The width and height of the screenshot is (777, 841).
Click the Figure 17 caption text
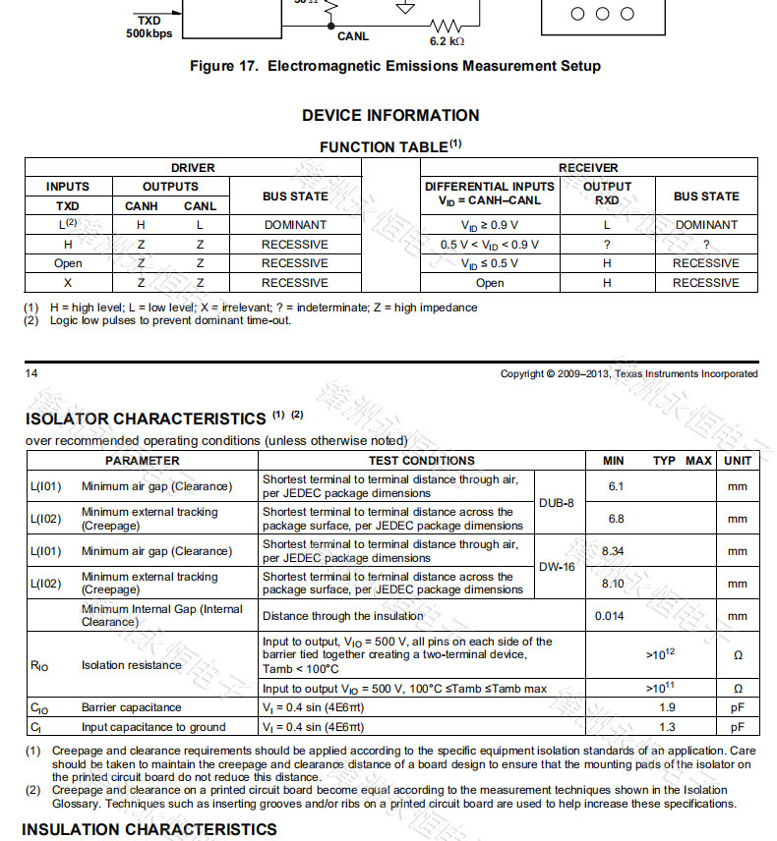[394, 67]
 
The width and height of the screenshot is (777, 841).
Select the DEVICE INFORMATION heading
[390, 115]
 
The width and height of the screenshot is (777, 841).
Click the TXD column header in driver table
[68, 206]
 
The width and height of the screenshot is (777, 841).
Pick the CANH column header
[142, 206]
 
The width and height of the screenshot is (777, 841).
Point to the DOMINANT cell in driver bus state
[295, 225]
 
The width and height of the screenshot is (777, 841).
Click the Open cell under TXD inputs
[68, 263]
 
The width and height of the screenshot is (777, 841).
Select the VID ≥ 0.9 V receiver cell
[489, 225]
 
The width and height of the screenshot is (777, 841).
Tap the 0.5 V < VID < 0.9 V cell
[489, 245]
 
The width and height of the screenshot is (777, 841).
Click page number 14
[31, 373]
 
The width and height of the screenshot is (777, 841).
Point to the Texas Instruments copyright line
[628, 373]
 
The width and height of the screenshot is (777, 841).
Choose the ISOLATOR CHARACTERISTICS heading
[146, 420]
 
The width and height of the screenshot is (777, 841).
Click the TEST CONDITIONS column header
[421, 461]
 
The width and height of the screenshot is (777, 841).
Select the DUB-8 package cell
[557, 503]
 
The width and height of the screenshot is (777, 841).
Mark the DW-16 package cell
[557, 567]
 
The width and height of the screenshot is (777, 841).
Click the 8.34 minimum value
[613, 551]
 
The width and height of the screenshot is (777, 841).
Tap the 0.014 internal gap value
[610, 616]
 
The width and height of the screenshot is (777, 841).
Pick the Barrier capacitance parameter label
[131, 707]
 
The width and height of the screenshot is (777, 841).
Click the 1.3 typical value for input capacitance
[666, 727]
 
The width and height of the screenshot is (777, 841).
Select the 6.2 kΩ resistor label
[447, 42]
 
